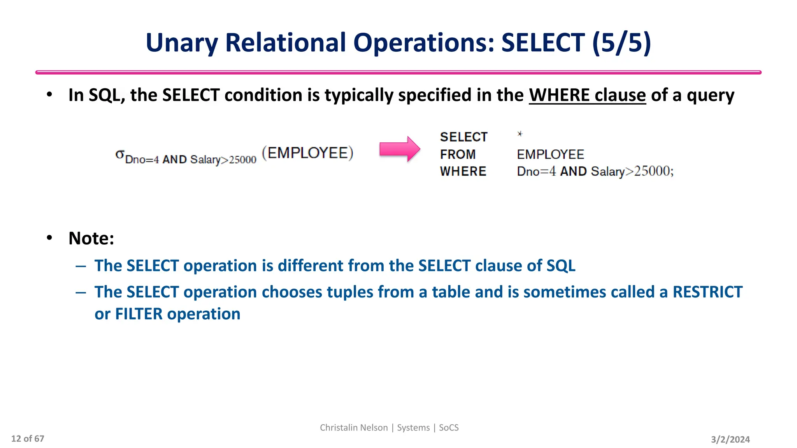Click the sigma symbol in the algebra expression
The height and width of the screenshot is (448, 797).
(119, 154)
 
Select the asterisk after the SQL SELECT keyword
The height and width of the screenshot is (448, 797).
(520, 134)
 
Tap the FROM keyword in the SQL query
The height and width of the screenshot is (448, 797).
(458, 154)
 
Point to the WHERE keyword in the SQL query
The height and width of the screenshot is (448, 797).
(463, 171)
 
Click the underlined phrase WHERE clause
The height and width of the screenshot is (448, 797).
(587, 95)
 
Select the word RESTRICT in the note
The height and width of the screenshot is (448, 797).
(707, 292)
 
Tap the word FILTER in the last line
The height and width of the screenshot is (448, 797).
(139, 314)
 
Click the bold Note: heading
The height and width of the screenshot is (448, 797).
(91, 238)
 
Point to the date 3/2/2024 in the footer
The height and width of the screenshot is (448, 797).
(730, 439)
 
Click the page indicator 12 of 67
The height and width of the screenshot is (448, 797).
(28, 439)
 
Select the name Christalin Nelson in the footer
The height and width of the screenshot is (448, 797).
(354, 428)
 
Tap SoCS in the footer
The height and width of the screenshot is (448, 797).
(449, 428)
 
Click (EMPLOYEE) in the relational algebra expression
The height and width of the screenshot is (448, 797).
(307, 153)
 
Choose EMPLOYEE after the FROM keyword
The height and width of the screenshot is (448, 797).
(550, 154)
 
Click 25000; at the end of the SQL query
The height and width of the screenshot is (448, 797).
(654, 171)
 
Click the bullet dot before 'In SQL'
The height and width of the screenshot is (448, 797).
(49, 94)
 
